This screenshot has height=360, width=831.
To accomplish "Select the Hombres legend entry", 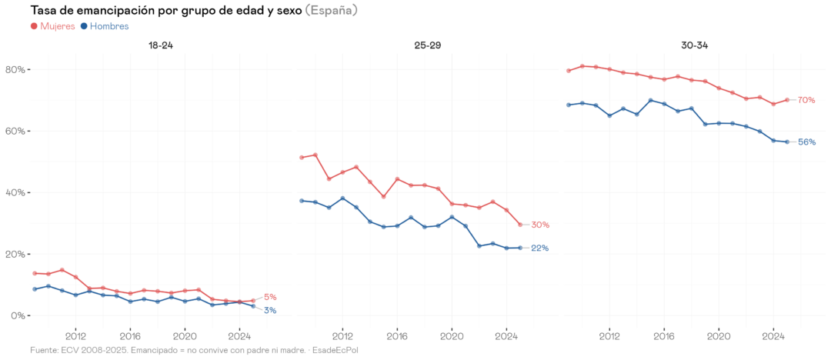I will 108,26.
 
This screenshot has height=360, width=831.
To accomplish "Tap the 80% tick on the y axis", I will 15,70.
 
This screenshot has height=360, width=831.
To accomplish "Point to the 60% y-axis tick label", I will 15,132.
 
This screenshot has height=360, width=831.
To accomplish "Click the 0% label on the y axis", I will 17,316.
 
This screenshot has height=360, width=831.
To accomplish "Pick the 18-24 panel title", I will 160,45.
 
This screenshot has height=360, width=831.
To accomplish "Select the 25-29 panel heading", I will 427,45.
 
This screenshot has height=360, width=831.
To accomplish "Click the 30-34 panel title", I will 694,45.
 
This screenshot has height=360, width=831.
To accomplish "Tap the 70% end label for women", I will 806,100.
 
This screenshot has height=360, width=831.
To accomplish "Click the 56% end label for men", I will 806,142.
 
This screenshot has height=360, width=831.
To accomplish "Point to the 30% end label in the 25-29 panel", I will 540,225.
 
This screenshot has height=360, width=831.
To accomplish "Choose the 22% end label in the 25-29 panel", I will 540,248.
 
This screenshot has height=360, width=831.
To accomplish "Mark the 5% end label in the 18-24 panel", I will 270,297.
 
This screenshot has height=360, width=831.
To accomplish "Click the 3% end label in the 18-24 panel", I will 270,310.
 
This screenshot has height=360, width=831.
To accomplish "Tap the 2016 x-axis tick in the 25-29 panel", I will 397,335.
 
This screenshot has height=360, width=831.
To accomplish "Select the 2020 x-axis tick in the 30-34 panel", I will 719,335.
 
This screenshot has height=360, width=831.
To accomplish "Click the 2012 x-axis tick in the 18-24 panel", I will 75,335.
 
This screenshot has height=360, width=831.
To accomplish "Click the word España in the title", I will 331,10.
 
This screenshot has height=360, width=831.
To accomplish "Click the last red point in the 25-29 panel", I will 520,225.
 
